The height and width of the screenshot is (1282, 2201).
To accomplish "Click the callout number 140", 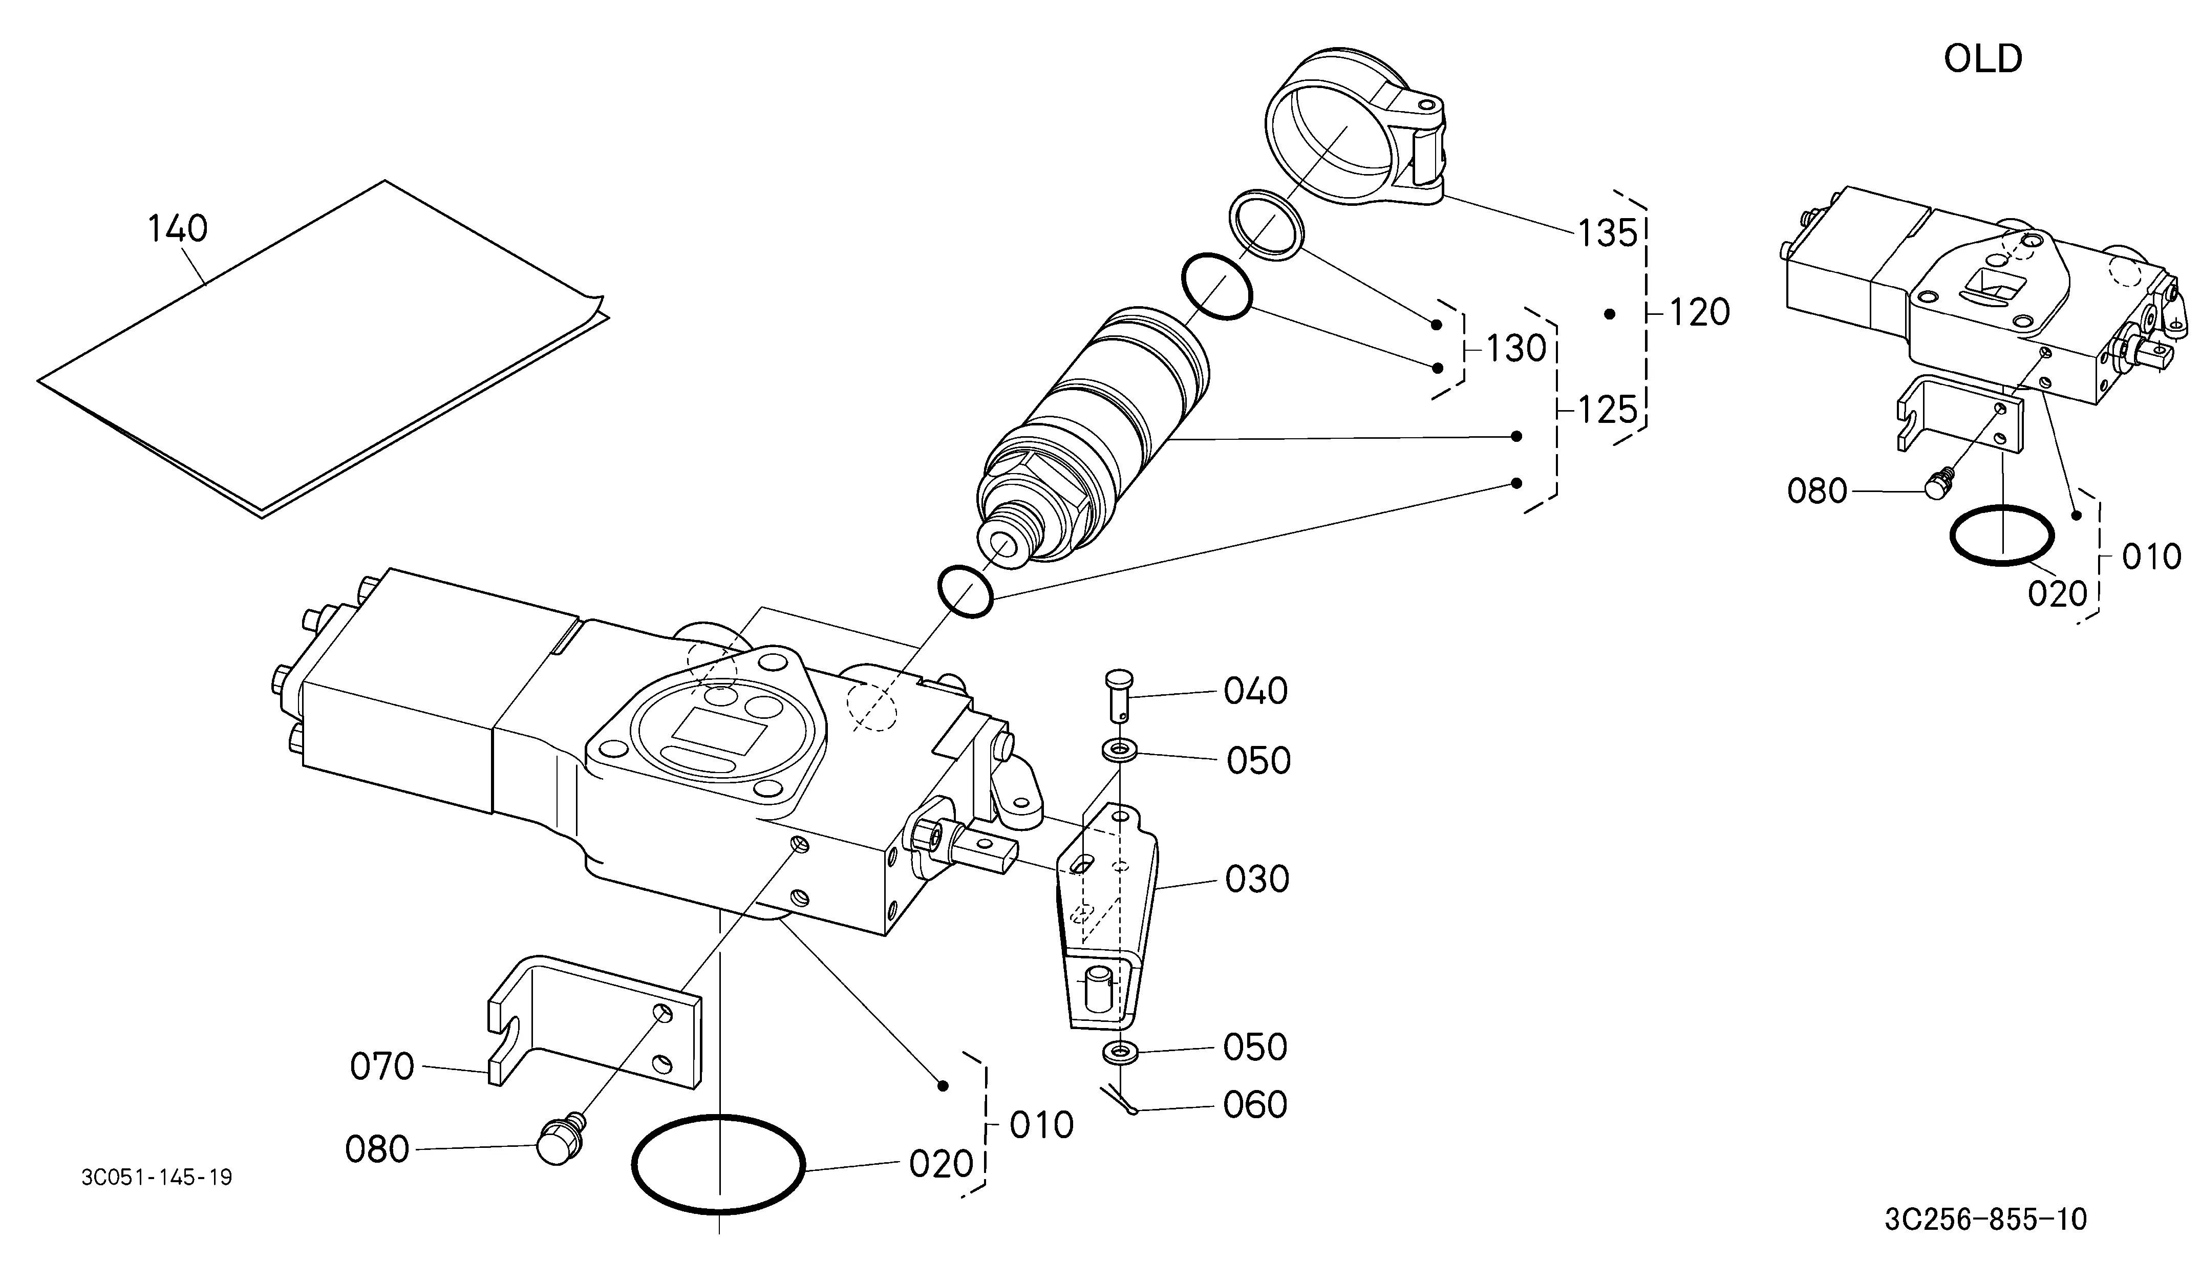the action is [177, 229].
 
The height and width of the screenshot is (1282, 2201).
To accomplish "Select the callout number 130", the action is [1516, 349].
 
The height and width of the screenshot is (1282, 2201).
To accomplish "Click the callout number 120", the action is [1700, 313].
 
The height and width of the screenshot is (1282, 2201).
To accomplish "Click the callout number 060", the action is [1255, 1105].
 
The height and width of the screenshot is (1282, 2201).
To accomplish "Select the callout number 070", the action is [382, 1067].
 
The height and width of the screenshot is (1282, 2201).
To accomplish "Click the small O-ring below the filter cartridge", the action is [965, 591].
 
